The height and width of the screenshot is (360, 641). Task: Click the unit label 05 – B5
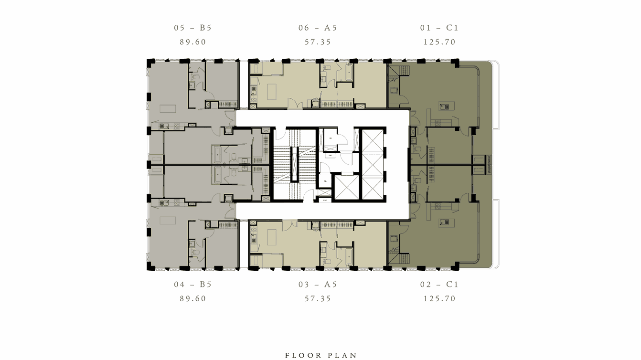click(x=192, y=28)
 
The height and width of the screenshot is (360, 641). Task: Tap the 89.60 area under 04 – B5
click(x=192, y=298)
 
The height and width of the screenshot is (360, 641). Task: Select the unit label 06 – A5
click(x=318, y=28)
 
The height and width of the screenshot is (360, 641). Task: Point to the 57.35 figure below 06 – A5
click(x=318, y=42)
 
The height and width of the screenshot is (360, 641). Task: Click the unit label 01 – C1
click(x=439, y=28)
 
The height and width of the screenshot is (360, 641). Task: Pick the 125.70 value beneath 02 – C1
click(x=439, y=298)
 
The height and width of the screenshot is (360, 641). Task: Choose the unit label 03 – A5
click(x=318, y=284)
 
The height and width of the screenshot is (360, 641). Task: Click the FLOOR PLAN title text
click(x=320, y=355)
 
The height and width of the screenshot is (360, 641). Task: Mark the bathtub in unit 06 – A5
click(x=348, y=74)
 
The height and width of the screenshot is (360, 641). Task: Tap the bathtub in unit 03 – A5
click(x=348, y=256)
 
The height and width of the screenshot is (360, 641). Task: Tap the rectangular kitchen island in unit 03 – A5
click(x=272, y=237)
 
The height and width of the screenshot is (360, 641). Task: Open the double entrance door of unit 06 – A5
click(x=295, y=104)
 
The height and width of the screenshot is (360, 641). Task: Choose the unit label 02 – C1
click(x=439, y=284)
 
